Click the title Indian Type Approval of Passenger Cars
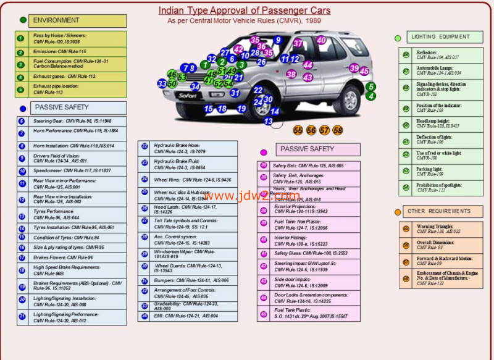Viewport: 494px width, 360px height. click(x=245, y=10)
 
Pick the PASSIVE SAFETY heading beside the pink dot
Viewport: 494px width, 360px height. click(x=307, y=149)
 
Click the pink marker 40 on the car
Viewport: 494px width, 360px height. click(x=320, y=40)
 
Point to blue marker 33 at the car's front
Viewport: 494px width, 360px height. click(x=162, y=83)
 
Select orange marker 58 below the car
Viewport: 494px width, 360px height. click(x=337, y=130)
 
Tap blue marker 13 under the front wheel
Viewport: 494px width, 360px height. click(x=268, y=122)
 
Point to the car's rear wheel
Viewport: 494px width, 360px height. click(x=346, y=100)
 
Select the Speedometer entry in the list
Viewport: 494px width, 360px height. click(x=72, y=170)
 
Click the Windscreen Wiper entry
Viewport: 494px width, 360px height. click(x=187, y=254)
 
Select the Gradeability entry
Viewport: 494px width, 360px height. click(x=186, y=306)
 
